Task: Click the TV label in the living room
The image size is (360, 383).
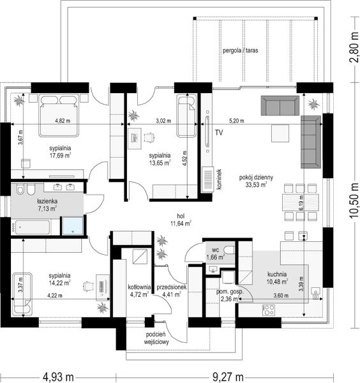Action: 219,133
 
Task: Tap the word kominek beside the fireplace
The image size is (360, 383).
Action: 219,179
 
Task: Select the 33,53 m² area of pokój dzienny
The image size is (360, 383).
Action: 256,184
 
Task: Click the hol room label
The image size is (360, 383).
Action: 181,216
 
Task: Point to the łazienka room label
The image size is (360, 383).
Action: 47,201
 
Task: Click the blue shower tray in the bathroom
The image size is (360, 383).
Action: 73,226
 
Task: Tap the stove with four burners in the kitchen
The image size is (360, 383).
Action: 269,310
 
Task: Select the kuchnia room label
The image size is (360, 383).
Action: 277,274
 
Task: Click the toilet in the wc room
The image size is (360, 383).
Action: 229,250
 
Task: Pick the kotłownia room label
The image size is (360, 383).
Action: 139,287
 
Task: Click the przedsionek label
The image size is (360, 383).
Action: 172,287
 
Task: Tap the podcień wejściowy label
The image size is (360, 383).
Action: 156,338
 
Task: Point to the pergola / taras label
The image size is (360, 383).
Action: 241,50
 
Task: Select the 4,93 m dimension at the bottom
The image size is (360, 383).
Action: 58,377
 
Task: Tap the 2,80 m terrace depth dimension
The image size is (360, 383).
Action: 354,47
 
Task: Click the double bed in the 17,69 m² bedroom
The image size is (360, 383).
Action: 59,116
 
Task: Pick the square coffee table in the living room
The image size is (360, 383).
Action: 280,133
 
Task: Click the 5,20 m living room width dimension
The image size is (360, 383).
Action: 236,121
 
